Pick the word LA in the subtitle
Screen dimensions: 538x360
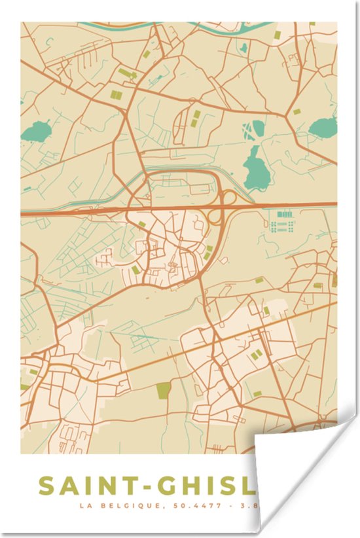tap(85, 506)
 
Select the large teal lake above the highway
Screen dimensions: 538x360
tap(256, 167)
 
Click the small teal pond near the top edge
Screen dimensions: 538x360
tap(243, 48)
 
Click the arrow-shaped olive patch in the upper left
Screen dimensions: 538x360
tap(127, 74)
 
